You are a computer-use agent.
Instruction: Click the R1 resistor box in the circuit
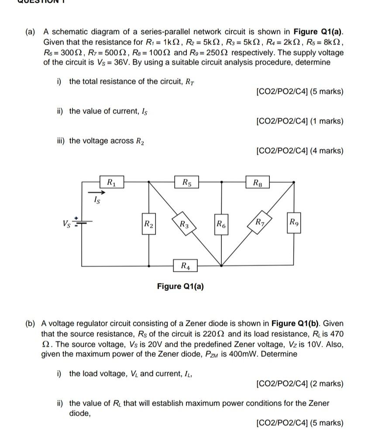coord(111,181)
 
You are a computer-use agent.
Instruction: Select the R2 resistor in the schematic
coord(148,225)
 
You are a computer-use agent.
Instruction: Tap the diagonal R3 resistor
coord(184,225)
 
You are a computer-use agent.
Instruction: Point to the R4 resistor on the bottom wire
coord(185,265)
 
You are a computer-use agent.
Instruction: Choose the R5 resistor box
coord(186,182)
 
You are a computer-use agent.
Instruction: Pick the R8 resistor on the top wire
coord(258,182)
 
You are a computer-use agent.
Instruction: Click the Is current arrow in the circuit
coord(97,192)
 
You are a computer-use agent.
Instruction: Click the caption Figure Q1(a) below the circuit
coord(180,286)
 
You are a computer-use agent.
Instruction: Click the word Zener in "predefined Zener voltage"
coord(271,344)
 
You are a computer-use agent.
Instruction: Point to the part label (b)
coord(31,324)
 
